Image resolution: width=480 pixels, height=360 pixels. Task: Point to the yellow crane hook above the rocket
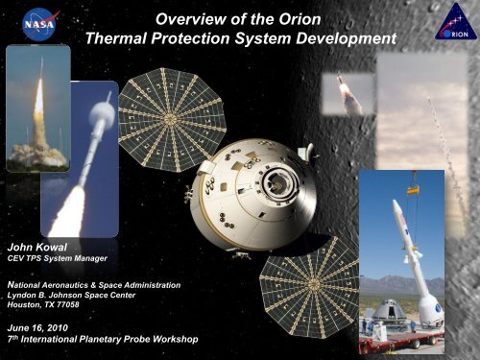point(414,190)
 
